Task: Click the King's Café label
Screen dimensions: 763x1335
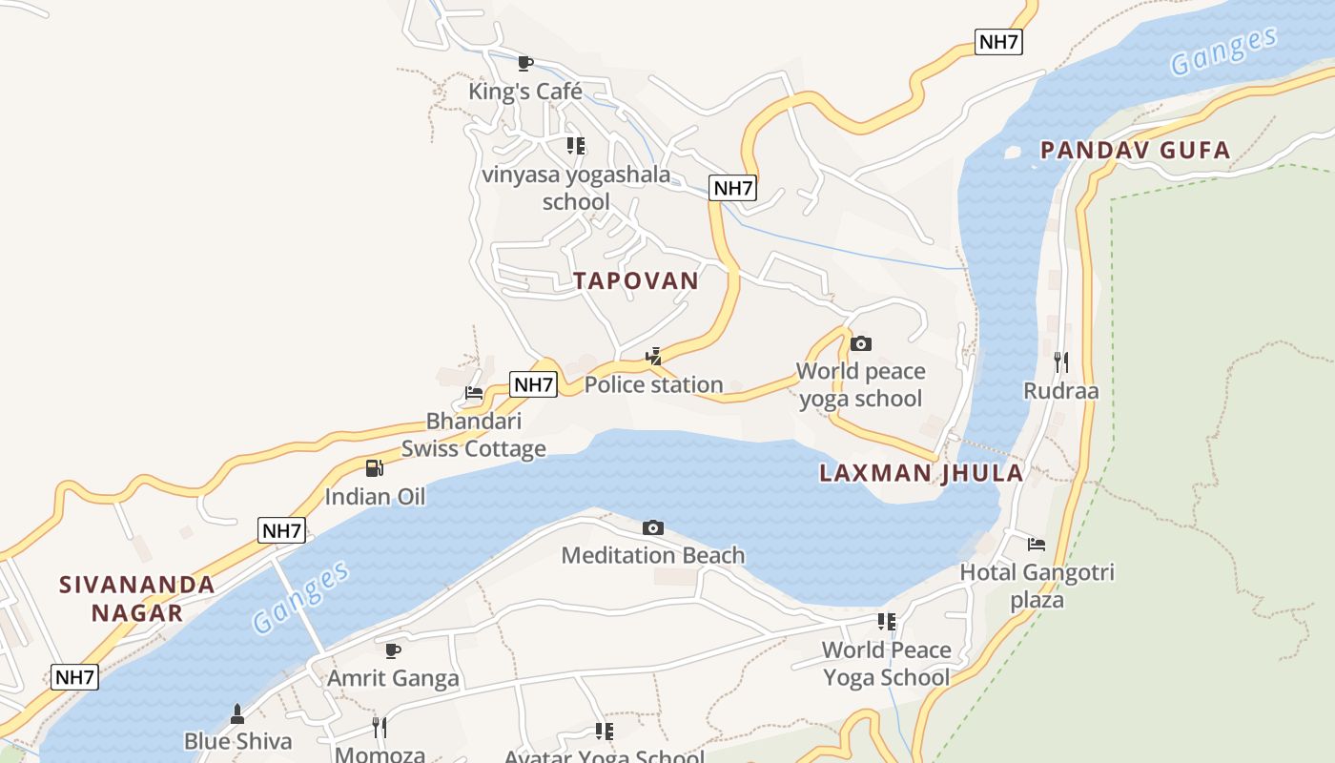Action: point(524,92)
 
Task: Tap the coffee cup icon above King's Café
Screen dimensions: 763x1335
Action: point(524,63)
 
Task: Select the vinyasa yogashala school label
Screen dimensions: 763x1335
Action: point(576,188)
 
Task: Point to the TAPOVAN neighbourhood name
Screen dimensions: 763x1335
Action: point(636,280)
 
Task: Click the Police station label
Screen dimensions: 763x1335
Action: point(653,385)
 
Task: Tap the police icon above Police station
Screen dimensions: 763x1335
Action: point(653,358)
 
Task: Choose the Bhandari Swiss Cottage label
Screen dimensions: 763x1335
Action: point(473,435)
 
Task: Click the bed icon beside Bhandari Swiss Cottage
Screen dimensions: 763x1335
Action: point(474,392)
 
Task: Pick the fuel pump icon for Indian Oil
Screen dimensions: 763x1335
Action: point(375,468)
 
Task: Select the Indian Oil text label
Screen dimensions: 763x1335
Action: point(375,496)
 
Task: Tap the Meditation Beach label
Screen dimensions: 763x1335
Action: point(653,555)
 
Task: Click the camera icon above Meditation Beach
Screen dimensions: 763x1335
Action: point(653,527)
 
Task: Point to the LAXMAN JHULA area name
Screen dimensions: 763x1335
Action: point(921,473)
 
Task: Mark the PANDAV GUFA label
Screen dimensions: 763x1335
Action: point(1135,150)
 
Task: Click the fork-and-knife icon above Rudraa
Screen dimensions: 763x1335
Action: point(1061,362)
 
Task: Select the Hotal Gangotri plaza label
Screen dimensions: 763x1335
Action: point(1037,587)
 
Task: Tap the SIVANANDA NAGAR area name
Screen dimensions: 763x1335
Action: point(137,598)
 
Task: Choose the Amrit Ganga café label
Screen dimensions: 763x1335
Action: point(393,678)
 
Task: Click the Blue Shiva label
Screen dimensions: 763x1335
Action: point(237,741)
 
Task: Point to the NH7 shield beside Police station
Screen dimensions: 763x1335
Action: point(533,384)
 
